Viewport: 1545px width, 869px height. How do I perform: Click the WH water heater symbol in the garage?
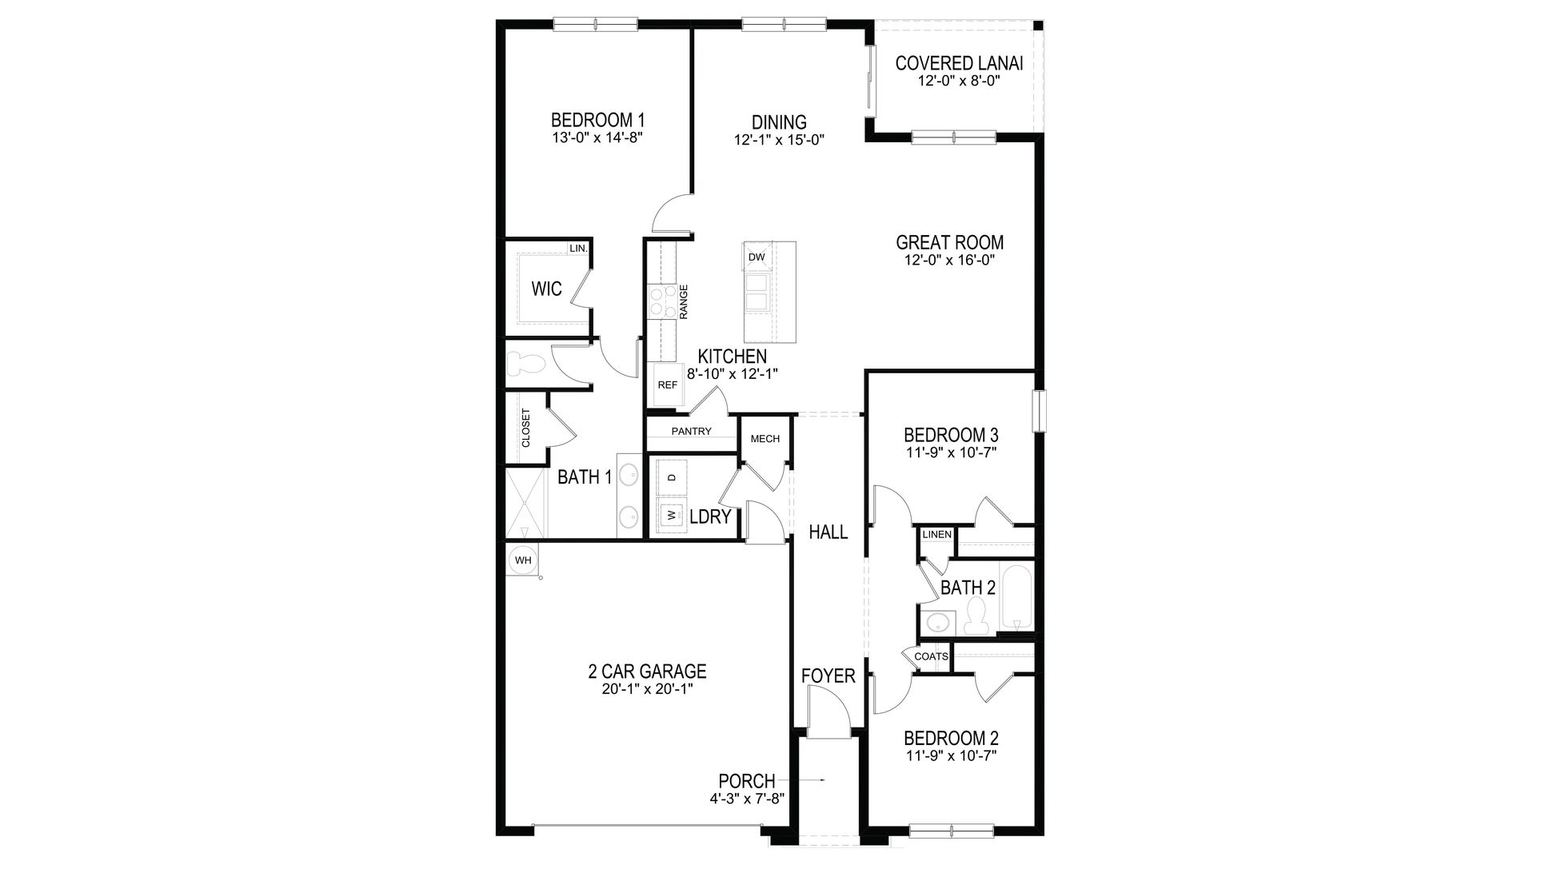pyautogui.click(x=523, y=560)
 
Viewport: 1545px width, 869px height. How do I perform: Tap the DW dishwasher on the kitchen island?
pyautogui.click(x=757, y=257)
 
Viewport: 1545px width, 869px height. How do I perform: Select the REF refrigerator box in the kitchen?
pyautogui.click(x=667, y=385)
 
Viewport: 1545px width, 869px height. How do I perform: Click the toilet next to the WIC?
pyautogui.click(x=527, y=365)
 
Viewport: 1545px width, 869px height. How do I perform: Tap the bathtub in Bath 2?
pyautogui.click(x=1016, y=599)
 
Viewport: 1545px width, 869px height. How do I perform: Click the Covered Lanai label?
pyautogui.click(x=959, y=63)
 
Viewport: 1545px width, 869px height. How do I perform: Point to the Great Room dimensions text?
pyautogui.click(x=949, y=260)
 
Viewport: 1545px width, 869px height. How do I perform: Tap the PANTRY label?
pyautogui.click(x=691, y=432)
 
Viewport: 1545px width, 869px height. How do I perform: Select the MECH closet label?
pyautogui.click(x=765, y=438)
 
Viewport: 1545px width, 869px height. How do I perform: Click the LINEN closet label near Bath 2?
pyautogui.click(x=936, y=534)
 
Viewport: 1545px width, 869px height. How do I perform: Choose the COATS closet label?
pyautogui.click(x=931, y=656)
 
